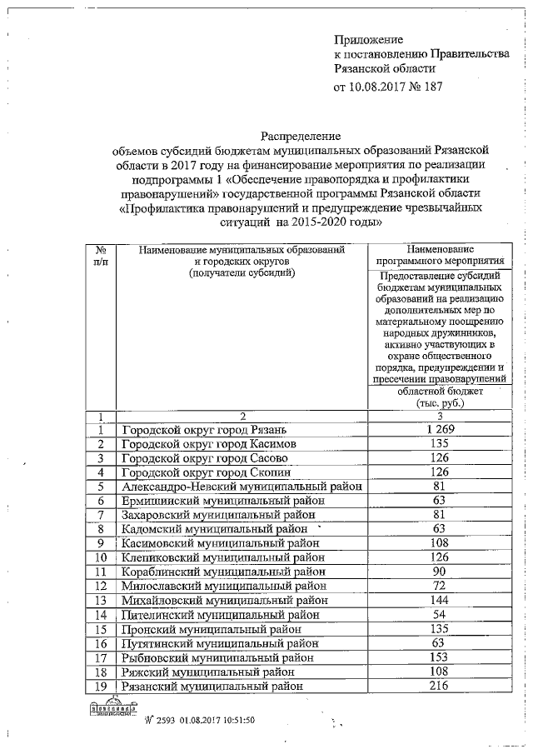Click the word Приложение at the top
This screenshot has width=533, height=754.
coord(368,39)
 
